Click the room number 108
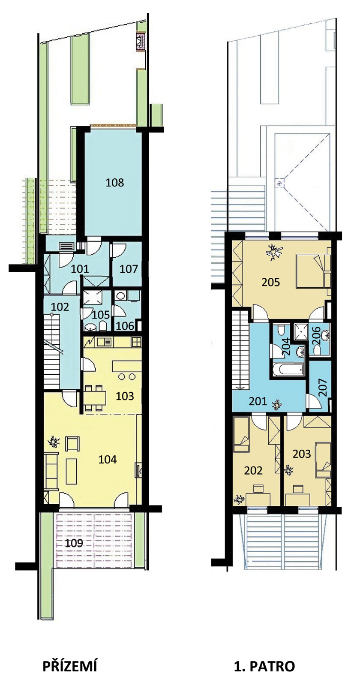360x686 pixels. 115,183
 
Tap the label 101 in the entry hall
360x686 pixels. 80,269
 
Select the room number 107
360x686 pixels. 129,269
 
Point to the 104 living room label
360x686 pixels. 108,459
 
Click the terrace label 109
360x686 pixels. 74,543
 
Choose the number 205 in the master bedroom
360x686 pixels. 270,282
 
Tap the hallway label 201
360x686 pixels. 258,401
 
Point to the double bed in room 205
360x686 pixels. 313,271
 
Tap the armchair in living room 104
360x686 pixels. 72,443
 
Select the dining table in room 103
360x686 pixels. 95,398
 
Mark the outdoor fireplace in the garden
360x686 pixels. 141,41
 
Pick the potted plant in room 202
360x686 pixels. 239,499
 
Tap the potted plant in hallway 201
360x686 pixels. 277,405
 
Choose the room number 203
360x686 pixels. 302,454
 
